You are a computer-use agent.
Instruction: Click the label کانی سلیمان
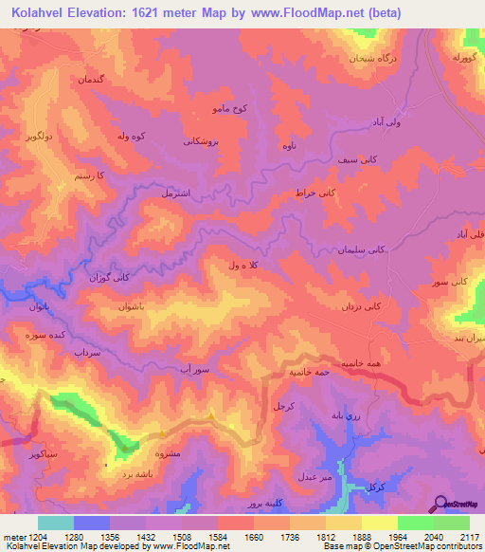(x=361, y=250)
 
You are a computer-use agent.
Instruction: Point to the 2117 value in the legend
(x=469, y=538)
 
